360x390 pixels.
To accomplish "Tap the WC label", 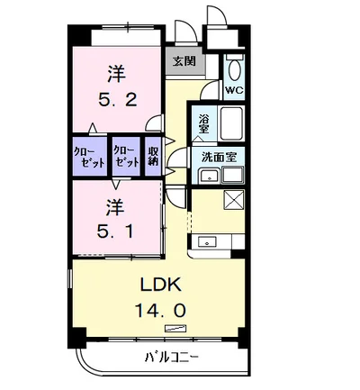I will pos(234,90).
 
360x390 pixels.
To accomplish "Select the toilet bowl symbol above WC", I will pos(235,69).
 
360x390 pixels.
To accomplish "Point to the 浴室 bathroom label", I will pos(203,122).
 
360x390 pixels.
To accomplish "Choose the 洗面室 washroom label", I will pos(219,156).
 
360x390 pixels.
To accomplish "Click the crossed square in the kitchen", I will pos(233,200).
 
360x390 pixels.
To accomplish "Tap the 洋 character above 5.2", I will pos(117,71).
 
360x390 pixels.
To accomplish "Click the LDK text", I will pos(161,286).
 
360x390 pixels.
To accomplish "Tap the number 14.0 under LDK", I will pos(161,309).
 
